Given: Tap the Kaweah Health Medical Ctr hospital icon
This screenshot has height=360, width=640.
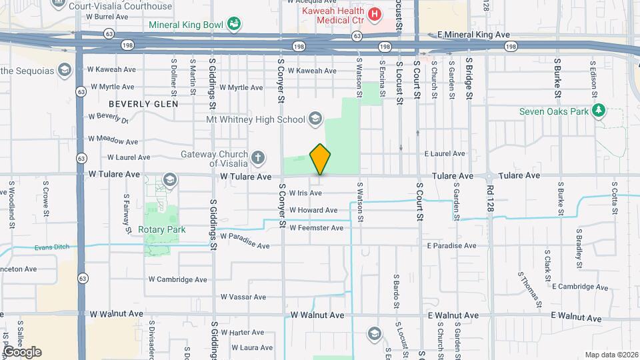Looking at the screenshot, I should click(x=375, y=13).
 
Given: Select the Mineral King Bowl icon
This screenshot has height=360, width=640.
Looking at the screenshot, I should click(x=234, y=25).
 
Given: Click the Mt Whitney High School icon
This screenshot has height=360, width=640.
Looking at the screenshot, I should click(x=315, y=120).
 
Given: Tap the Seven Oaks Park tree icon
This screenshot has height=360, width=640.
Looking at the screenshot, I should click(x=599, y=111).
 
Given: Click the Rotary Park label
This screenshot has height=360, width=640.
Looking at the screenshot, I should click(x=161, y=230).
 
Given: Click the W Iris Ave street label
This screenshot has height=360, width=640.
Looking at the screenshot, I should click(x=305, y=193).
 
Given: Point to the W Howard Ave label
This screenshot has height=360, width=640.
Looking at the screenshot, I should click(x=313, y=210).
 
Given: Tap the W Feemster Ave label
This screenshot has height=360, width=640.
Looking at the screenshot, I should click(x=316, y=228).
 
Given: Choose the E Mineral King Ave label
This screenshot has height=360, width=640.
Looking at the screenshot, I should click(x=473, y=34).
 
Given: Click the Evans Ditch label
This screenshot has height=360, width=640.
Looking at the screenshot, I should click(x=51, y=248).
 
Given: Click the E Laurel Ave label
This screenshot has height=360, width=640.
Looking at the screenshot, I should click(x=445, y=153).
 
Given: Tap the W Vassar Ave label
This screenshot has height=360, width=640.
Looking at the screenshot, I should click(x=243, y=297).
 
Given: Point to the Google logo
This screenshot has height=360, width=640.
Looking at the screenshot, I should click(x=21, y=351).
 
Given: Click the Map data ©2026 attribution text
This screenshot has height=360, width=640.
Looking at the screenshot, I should click(x=611, y=355).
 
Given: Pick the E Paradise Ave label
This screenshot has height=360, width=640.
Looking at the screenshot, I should click(x=452, y=245).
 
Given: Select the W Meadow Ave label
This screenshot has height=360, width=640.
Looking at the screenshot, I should click(x=114, y=141).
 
